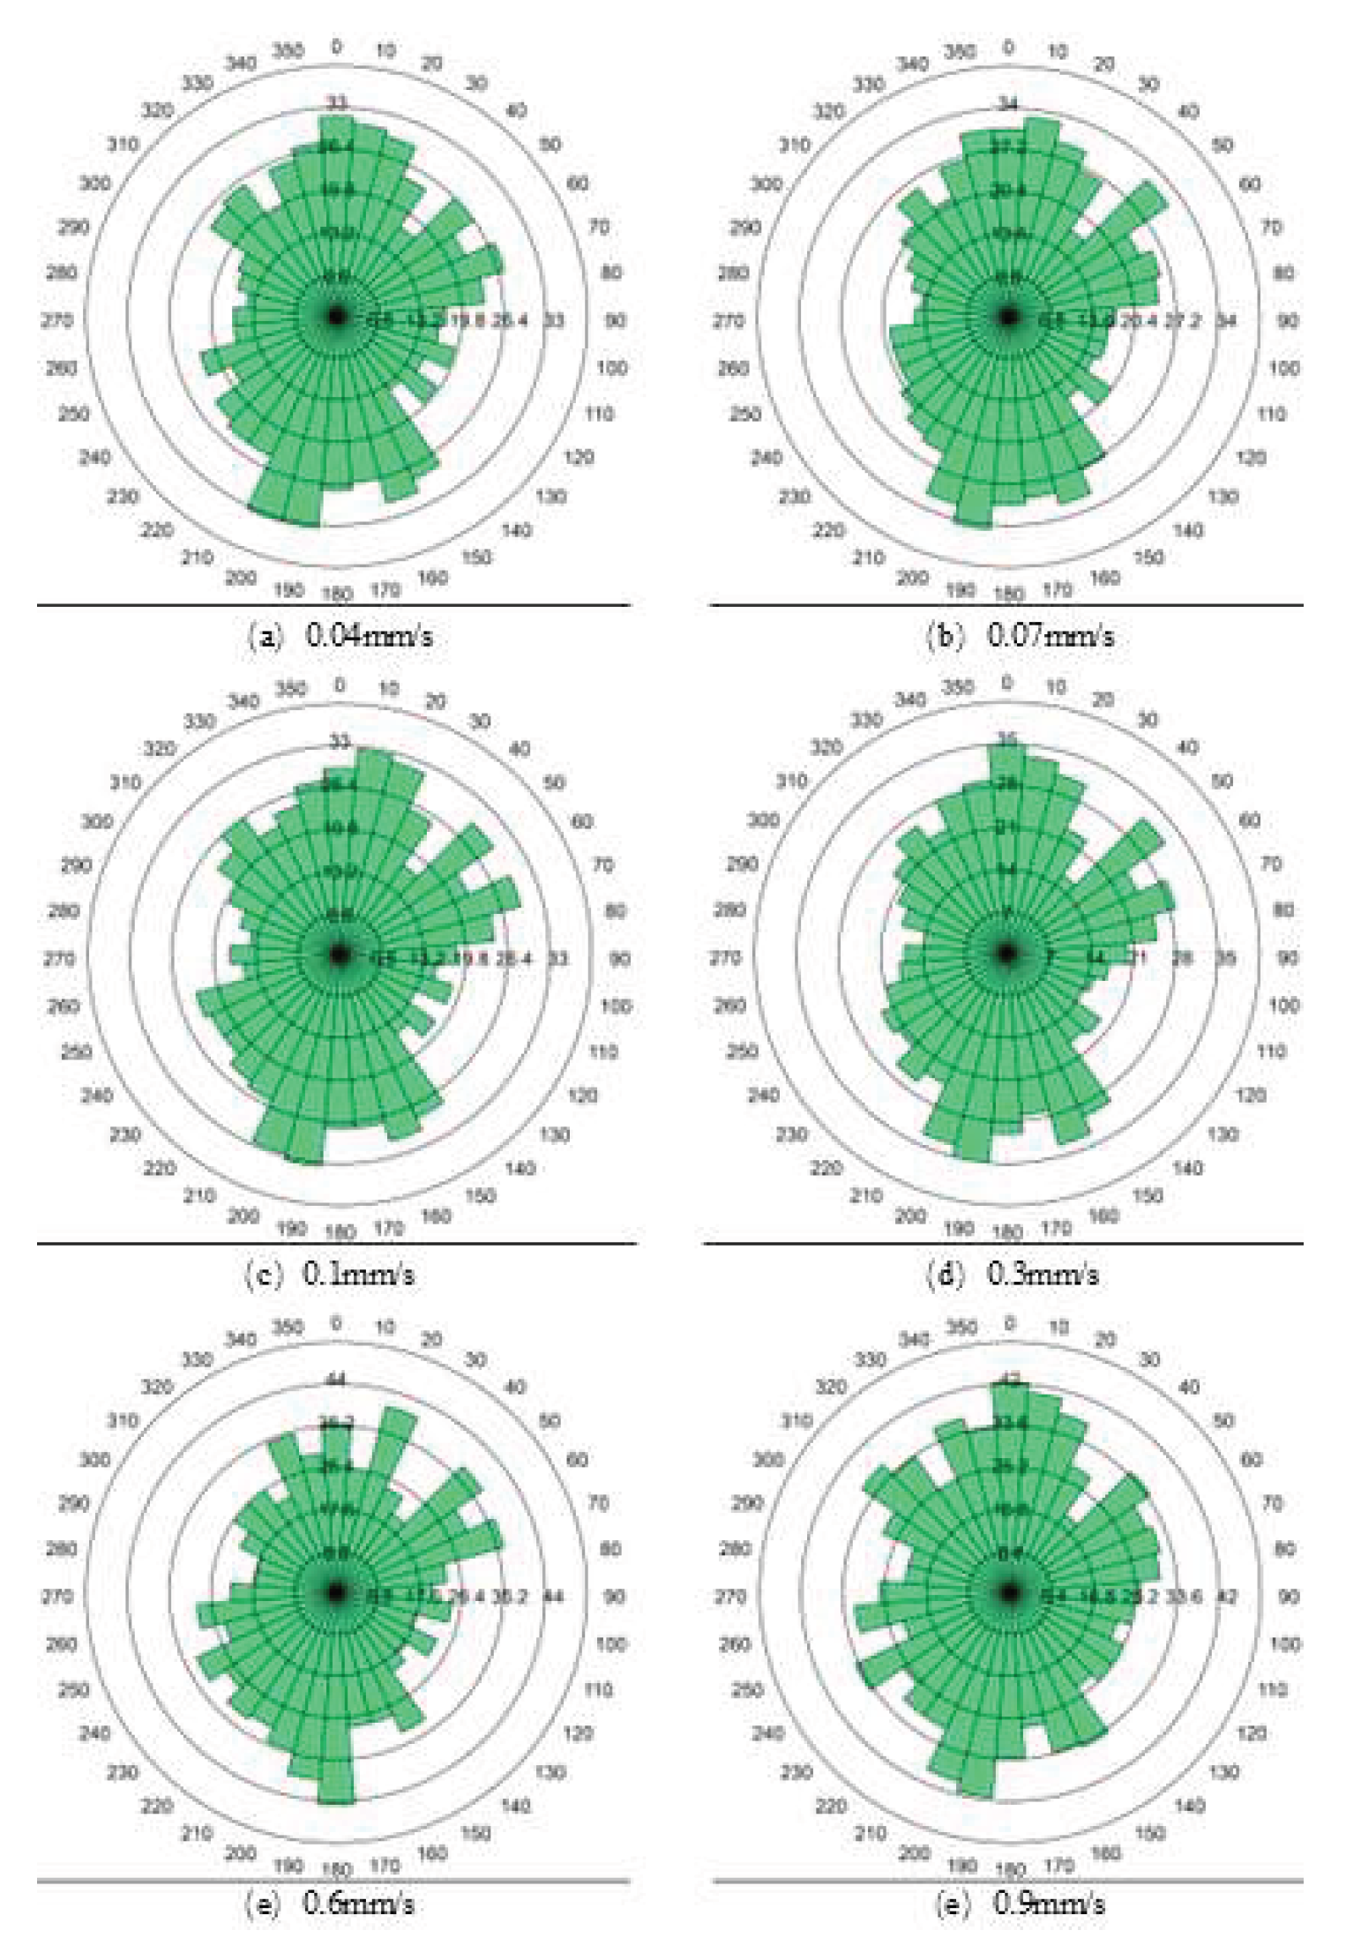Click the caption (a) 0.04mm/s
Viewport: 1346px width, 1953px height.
340,636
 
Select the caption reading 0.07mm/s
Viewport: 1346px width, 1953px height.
1020,636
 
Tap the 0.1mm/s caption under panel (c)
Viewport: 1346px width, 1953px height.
329,1274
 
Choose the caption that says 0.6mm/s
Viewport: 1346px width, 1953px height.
329,1904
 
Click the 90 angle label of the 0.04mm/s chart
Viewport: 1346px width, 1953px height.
615,319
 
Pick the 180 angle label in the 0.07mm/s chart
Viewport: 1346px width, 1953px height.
1008,594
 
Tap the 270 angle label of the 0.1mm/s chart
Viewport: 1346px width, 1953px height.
59,958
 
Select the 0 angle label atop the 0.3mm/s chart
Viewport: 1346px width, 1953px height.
1006,682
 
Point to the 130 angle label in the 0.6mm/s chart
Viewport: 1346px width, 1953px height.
550,1771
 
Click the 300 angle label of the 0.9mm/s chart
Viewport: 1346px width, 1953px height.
767,1459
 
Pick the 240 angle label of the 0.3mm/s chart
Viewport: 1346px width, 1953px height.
763,1095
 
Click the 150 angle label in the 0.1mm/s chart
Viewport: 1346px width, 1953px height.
480,1195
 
